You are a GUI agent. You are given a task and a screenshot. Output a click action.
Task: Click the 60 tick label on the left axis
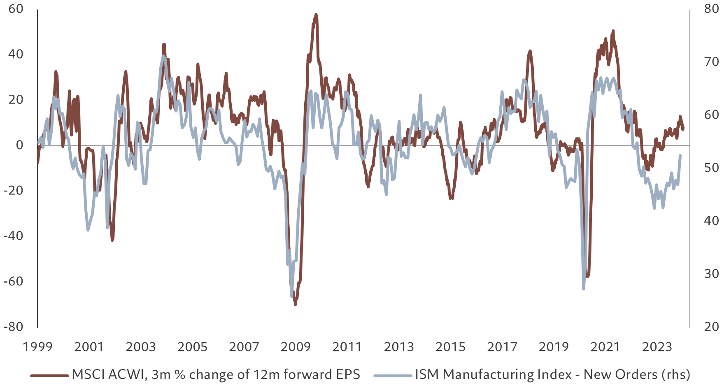(x=16, y=9)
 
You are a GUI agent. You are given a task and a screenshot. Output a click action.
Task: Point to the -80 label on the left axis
(x=13, y=327)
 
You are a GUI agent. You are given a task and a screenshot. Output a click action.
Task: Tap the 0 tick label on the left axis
(x=19, y=145)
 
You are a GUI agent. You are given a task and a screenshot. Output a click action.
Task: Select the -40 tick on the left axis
(x=13, y=236)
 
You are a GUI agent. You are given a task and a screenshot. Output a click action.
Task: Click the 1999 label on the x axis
(x=37, y=347)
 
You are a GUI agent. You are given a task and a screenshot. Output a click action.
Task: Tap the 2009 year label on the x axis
(x=296, y=347)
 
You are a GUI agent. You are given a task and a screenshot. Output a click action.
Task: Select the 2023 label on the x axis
(x=657, y=347)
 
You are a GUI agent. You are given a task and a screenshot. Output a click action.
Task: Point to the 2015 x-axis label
(x=450, y=347)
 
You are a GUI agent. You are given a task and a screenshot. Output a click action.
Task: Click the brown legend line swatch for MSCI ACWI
(x=49, y=375)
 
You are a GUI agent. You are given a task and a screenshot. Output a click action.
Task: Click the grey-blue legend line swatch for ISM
(x=393, y=375)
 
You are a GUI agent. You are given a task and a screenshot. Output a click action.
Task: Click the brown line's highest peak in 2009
(x=316, y=14)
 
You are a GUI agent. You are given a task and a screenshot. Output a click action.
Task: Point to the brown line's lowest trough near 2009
(x=295, y=304)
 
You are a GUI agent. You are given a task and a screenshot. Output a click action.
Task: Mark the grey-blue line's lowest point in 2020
(x=583, y=289)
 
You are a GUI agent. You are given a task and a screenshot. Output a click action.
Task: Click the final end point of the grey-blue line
(x=680, y=156)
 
